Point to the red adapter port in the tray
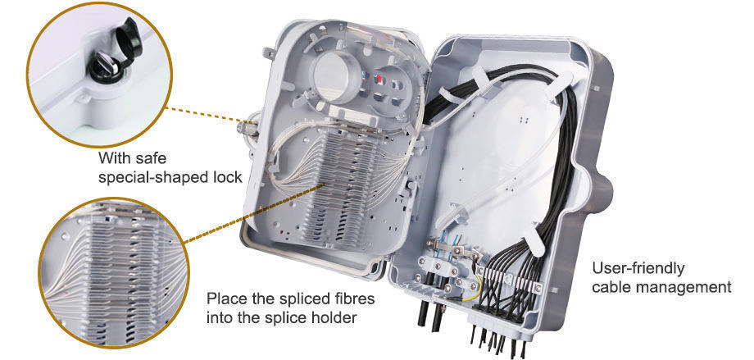(x=379, y=81)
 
